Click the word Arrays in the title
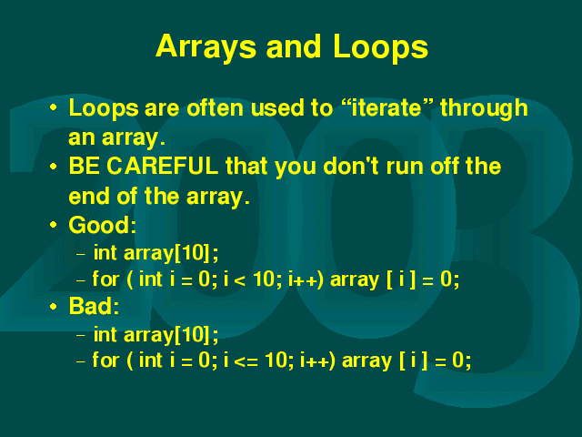point(206,47)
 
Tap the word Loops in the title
point(380,47)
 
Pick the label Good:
point(103,225)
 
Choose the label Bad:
point(94,306)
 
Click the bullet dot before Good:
point(53,225)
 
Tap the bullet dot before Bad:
point(53,307)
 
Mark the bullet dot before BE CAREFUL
point(53,166)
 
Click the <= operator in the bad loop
point(246,361)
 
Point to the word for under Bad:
point(105,361)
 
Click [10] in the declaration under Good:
point(193,253)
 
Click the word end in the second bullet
point(89,196)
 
